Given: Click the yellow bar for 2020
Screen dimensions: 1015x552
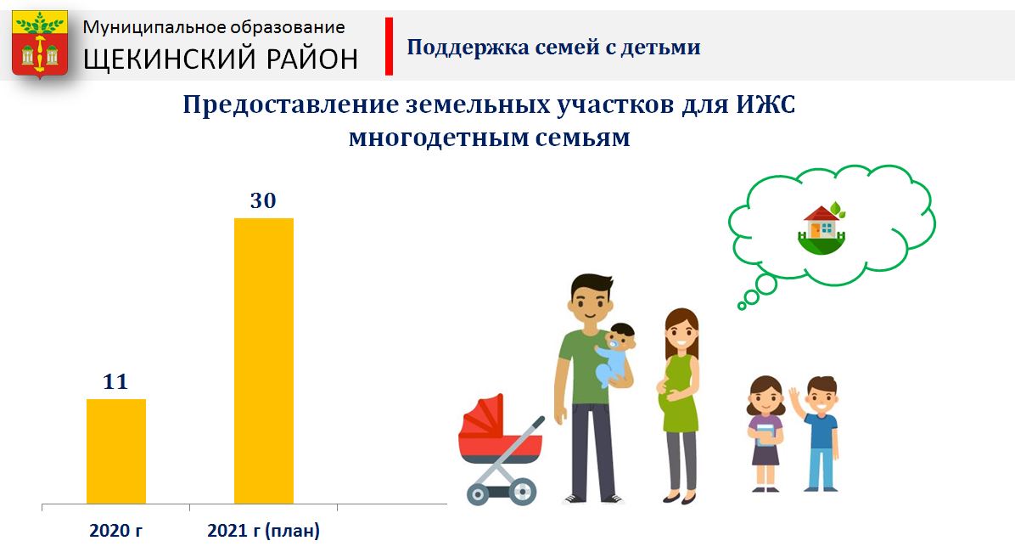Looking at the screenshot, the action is pyautogui.click(x=116, y=451).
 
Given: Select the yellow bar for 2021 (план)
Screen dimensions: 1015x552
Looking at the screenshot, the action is pyautogui.click(x=263, y=361).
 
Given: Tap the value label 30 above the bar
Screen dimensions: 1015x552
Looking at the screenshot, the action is pyautogui.click(x=263, y=201).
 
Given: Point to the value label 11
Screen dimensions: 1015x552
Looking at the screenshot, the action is pyautogui.click(x=116, y=381).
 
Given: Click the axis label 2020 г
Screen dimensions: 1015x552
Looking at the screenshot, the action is pyautogui.click(x=116, y=531).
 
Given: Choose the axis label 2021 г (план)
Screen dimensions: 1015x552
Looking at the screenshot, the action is pyautogui.click(x=263, y=531).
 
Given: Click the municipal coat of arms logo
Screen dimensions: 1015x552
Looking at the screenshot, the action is pyautogui.click(x=40, y=44).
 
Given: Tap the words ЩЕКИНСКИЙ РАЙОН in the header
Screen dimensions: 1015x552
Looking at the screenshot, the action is pyautogui.click(x=221, y=59).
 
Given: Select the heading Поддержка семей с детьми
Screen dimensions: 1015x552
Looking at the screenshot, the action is pyautogui.click(x=553, y=47).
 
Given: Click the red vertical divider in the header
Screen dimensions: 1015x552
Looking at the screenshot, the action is pyautogui.click(x=389, y=46).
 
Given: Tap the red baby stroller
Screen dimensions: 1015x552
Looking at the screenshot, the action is pyautogui.click(x=501, y=449).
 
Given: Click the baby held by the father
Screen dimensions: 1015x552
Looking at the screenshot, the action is pyautogui.click(x=614, y=354).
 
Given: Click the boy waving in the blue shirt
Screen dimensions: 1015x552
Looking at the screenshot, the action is pyautogui.click(x=816, y=433).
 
